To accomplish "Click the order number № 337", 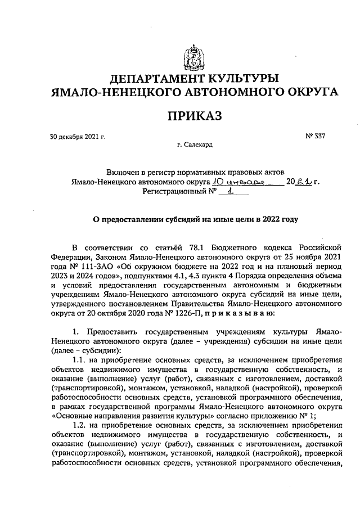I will click(x=316, y=136).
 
